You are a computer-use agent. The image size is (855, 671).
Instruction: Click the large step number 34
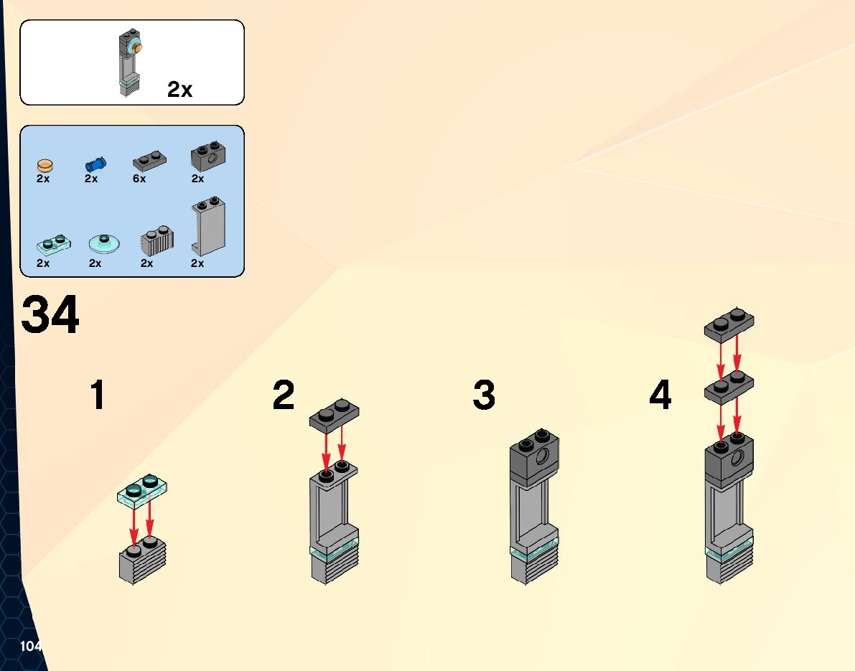50,316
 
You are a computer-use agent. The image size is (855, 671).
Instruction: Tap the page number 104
31,646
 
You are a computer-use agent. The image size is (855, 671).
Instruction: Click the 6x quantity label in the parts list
139,179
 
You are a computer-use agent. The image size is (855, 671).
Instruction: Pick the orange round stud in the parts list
45,164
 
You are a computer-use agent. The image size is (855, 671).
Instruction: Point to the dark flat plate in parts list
150,160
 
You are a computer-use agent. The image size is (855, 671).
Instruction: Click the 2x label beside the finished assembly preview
179,90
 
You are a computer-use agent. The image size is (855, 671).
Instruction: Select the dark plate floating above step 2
335,417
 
